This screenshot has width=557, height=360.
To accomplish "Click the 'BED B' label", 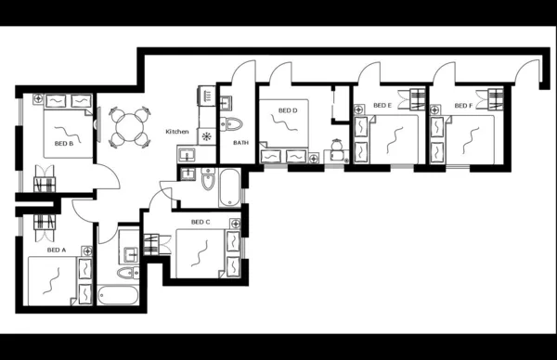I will coord(63,144).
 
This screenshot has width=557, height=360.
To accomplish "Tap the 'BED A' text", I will coord(57,250).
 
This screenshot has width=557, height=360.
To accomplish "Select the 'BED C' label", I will coord(201,222).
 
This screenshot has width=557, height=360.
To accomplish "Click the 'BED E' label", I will coord(382,106).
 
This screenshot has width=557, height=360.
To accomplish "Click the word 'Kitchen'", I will coord(177,132).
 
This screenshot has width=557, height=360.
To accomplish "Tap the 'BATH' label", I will coord(240,143).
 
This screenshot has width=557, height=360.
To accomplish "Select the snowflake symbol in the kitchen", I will coord(207,136).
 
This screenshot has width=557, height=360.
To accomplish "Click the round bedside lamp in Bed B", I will coord(37,97).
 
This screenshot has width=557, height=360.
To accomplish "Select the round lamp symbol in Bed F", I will coord(434,105).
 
